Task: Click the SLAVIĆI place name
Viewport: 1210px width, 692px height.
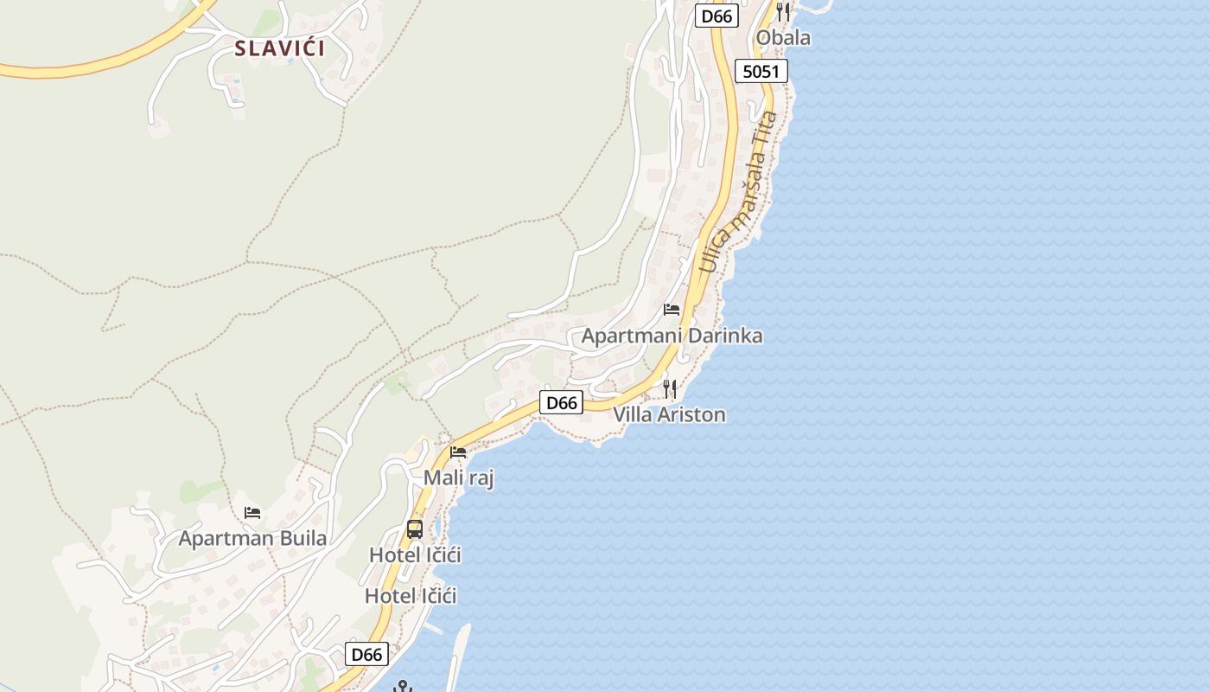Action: [x=280, y=48]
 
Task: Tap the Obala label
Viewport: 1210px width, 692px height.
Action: [x=783, y=37]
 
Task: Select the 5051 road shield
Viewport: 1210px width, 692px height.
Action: [x=761, y=71]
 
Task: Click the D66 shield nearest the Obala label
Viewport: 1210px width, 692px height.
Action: [x=718, y=16]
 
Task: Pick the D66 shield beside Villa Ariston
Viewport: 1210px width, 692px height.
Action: [x=562, y=402]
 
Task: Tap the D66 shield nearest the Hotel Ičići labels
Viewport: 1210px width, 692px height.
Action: [x=366, y=654]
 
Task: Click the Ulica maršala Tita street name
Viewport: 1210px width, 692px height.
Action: [x=739, y=192]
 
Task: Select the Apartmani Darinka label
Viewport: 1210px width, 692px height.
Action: [x=672, y=336]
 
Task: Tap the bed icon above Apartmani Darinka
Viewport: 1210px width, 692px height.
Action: [x=672, y=310]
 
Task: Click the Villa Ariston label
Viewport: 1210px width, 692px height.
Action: [x=669, y=414]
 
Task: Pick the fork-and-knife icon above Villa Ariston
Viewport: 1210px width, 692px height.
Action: [x=669, y=389]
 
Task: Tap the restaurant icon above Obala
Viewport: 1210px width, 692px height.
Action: [x=783, y=11]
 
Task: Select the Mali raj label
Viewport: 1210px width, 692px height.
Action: [x=458, y=477]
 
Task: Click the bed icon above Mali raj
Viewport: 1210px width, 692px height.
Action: [x=458, y=452]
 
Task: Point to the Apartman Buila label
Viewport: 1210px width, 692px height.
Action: [x=252, y=538]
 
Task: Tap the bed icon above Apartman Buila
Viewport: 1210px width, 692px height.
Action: [x=252, y=513]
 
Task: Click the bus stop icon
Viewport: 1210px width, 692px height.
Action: [x=415, y=529]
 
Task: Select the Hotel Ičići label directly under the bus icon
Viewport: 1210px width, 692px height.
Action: [x=415, y=554]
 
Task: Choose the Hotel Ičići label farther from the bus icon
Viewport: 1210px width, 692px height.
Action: [x=411, y=595]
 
